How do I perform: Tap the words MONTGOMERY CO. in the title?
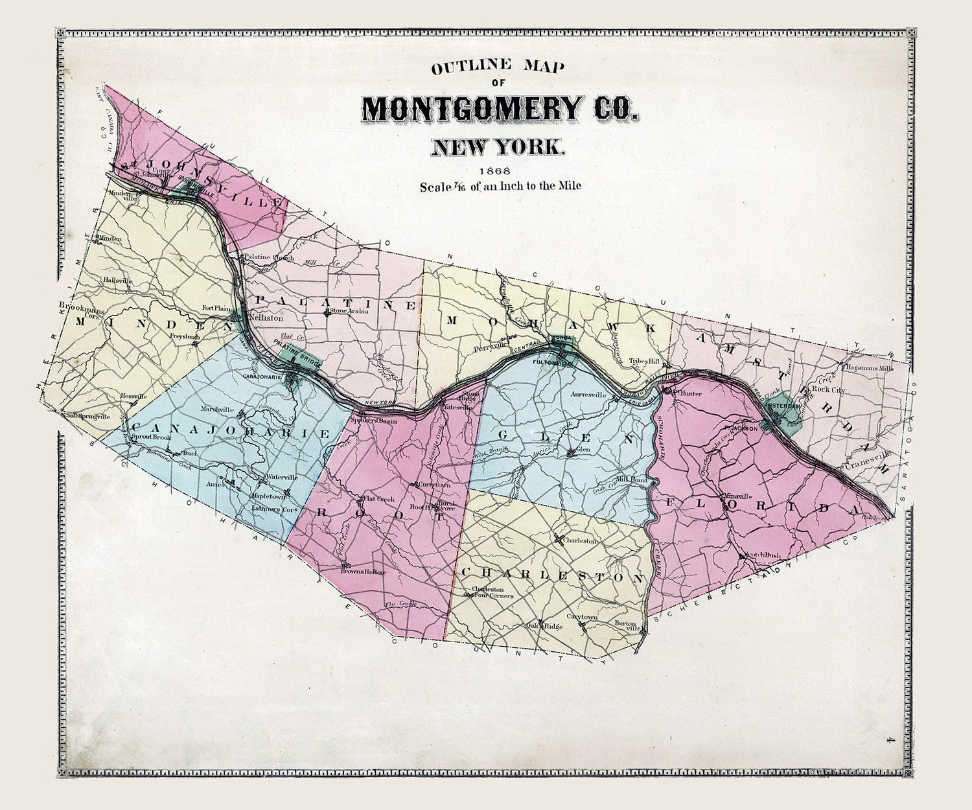(500, 108)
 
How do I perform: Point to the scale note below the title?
(500, 186)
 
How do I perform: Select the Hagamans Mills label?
(870, 368)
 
